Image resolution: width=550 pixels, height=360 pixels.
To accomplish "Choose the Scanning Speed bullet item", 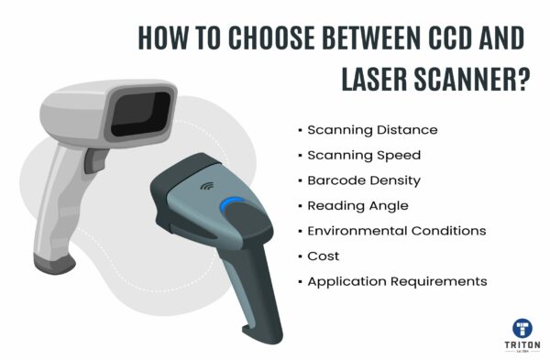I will [x=363, y=155].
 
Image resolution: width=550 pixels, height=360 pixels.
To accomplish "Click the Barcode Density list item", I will [x=365, y=180].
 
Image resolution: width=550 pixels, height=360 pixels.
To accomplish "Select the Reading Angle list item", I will [x=357, y=205].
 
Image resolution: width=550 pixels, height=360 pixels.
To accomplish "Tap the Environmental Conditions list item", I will [x=396, y=230].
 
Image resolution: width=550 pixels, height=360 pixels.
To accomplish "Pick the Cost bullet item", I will [x=324, y=256].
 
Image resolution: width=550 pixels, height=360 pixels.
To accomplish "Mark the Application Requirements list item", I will [x=397, y=281].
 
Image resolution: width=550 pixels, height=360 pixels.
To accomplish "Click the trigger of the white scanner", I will [x=92, y=161].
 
